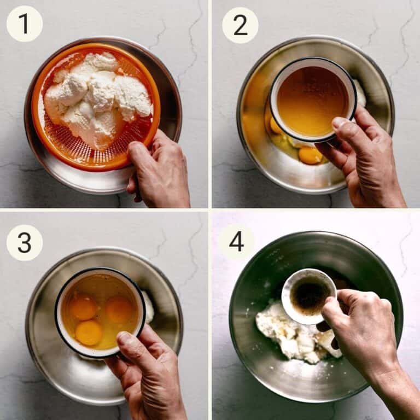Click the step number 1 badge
25,24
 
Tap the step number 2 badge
240,26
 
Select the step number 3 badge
25,243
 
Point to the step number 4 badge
236,242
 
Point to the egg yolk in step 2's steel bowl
310,155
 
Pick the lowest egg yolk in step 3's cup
89,332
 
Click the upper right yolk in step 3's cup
119,310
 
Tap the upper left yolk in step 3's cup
83,307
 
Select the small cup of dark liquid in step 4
309,296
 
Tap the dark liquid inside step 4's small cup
310,295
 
